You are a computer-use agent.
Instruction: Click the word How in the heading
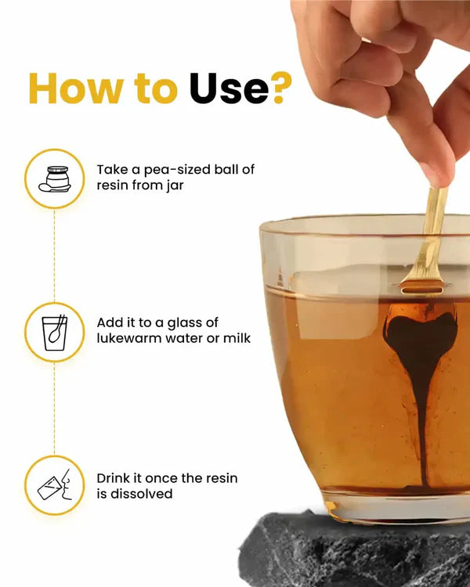75,88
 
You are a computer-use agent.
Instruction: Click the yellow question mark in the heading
282,88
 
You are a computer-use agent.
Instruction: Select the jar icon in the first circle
55,179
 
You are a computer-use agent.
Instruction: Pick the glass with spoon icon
55,333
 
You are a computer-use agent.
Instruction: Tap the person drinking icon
55,484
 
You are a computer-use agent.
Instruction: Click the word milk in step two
237,338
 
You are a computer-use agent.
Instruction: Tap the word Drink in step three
113,478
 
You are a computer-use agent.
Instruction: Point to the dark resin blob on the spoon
422,333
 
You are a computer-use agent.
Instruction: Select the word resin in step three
221,478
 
